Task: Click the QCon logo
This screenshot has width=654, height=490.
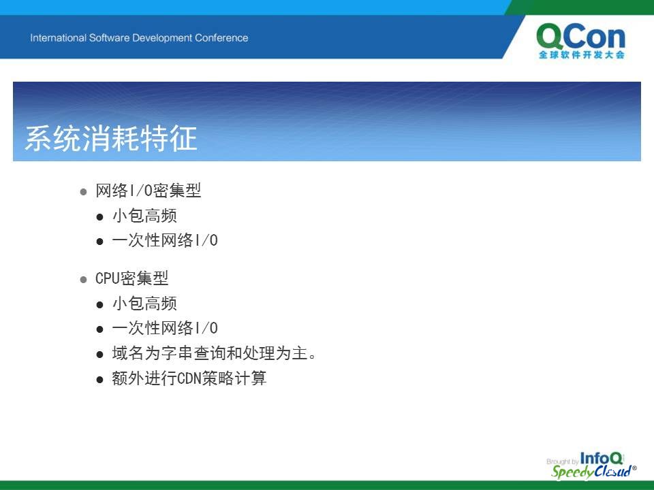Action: [580, 41]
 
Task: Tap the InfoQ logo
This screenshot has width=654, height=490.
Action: [602, 458]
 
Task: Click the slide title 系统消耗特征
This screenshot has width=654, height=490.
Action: [111, 138]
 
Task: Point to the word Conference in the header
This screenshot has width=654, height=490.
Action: [221, 38]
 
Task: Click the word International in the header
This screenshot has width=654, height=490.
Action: [59, 38]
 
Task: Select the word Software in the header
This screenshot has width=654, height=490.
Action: [109, 38]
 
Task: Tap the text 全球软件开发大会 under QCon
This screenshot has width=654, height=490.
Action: [581, 54]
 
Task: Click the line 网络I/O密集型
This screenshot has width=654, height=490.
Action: [148, 191]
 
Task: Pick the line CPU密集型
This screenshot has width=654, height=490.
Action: [131, 278]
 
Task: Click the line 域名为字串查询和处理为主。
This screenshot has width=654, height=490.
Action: [214, 353]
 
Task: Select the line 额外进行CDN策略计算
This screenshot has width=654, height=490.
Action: [189, 378]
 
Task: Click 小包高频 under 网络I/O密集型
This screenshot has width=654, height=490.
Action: [144, 216]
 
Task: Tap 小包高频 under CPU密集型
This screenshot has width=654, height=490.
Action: [144, 304]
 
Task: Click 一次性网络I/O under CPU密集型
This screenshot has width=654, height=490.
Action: [165, 328]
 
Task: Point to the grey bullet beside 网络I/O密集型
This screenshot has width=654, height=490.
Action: [83, 192]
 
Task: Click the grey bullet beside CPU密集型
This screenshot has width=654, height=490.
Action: [83, 279]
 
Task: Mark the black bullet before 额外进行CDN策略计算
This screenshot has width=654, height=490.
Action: [99, 380]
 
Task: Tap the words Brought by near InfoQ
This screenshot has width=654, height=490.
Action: [562, 461]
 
